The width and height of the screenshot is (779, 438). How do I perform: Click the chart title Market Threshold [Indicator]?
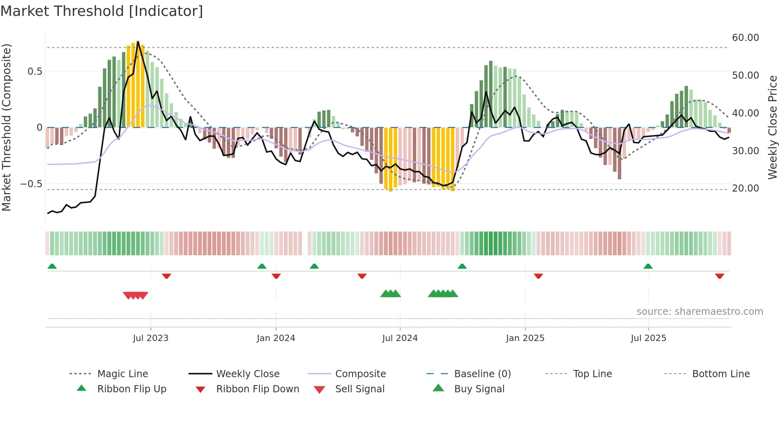pos(102,11)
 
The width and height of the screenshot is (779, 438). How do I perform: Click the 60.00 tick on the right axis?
pos(745,38)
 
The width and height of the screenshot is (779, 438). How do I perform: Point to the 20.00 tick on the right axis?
pos(745,188)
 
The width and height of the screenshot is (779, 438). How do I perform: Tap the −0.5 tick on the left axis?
pos(31,184)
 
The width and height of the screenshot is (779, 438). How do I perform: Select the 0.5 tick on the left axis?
pos(35,72)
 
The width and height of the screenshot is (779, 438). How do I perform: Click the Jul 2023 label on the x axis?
pos(151,338)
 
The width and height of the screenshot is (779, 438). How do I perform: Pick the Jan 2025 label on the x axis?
pos(525,338)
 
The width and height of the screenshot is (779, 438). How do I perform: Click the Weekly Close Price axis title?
pos(772,127)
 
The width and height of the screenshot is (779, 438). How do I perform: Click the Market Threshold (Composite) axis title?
pos(6,127)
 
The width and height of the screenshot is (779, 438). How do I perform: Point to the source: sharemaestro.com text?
pos(700,312)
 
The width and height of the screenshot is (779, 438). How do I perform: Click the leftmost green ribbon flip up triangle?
pos(52,266)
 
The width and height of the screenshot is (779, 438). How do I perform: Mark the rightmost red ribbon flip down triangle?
pos(719,276)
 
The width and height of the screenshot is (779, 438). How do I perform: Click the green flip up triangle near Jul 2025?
pos(648,266)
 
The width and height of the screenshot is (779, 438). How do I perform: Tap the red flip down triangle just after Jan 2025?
pos(538,276)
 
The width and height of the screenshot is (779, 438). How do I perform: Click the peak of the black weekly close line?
pos(138,41)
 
